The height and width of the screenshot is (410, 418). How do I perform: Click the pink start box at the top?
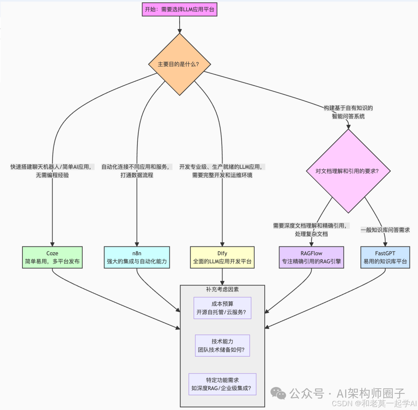pyautogui.click(x=180, y=10)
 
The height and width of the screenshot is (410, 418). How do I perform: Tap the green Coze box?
pyautogui.click(x=52, y=257)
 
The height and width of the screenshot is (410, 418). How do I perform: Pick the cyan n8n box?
pyautogui.click(x=137, y=257)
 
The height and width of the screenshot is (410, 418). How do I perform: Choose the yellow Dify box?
pyautogui.click(x=222, y=257)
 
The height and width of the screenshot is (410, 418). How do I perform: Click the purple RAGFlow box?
pyautogui.click(x=311, y=257)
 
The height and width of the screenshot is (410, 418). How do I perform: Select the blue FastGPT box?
pyautogui.click(x=385, y=257)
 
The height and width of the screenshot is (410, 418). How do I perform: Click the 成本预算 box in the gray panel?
pyautogui.click(x=222, y=308)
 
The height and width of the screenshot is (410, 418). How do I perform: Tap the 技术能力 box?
pyautogui.click(x=222, y=346)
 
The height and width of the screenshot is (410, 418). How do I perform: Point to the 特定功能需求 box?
pyautogui.click(x=222, y=384)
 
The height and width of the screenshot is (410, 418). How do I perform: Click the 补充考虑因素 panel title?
pyautogui.click(x=222, y=290)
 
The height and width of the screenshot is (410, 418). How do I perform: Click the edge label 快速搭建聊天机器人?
pyautogui.click(x=51, y=171)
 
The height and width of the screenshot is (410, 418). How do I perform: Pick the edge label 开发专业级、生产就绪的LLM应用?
pyautogui.click(x=222, y=171)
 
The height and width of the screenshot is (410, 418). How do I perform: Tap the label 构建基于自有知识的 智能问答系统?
pyautogui.click(x=348, y=112)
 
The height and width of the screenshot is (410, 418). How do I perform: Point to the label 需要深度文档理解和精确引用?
pyautogui.click(x=311, y=230)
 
